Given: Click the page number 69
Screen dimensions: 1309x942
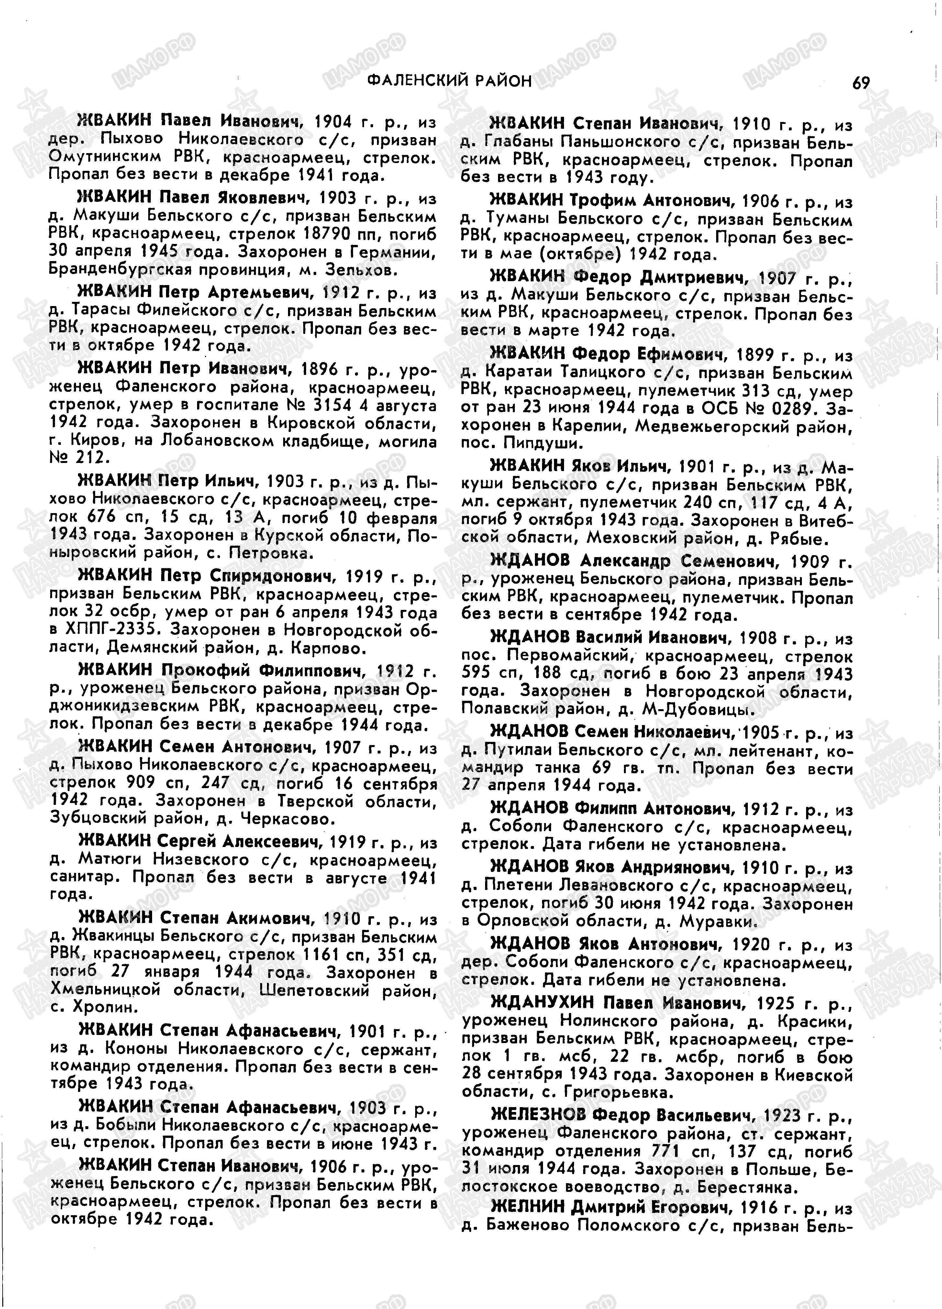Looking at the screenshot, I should point(860,83).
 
